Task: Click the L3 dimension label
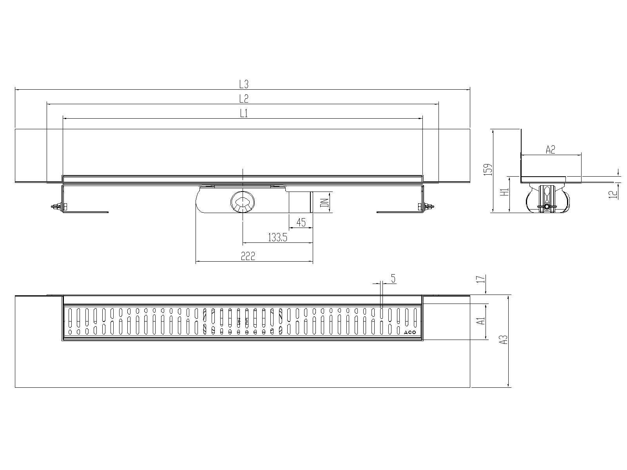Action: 244,84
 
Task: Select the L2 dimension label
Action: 244,99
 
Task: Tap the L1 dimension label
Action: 244,114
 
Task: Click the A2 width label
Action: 550,150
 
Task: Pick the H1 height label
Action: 505,192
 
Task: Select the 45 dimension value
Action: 301,222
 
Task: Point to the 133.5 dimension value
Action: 278,237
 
